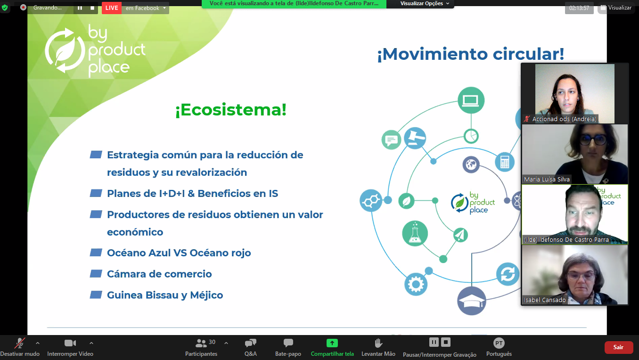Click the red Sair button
618,347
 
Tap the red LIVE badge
112,8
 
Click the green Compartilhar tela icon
332,343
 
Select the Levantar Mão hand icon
378,343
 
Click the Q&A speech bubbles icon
251,343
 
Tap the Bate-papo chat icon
288,343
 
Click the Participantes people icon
201,343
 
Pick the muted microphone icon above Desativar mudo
19,343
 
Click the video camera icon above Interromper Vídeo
70,343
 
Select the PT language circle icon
499,343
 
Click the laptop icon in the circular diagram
471,100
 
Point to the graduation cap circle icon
472,301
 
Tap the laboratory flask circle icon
415,233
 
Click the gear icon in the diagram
416,284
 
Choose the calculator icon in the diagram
505,162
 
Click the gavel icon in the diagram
415,138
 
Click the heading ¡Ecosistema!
231,110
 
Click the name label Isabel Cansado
545,300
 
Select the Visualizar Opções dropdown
425,3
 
